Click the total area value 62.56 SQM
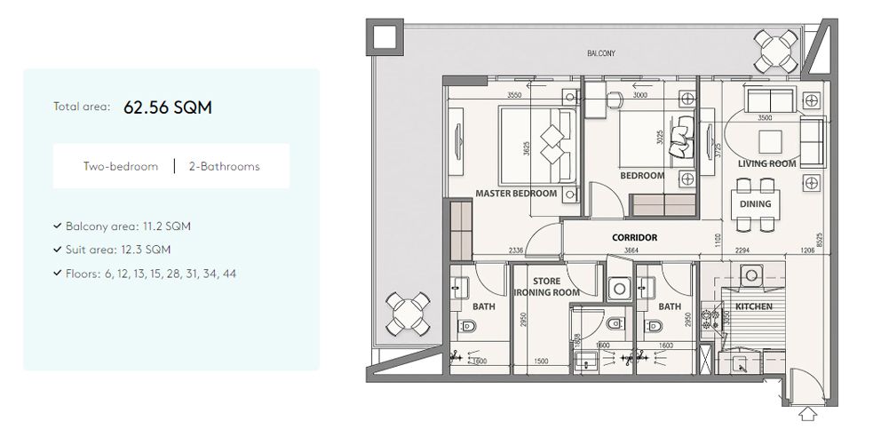[x=168, y=107]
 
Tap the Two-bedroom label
[x=121, y=166]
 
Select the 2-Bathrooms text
[x=224, y=166]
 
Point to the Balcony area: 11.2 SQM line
[x=128, y=226]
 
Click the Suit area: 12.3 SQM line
[x=118, y=250]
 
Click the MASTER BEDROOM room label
[x=516, y=193]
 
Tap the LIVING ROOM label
[x=766, y=164]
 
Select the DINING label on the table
[x=755, y=203]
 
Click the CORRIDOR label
[x=634, y=238]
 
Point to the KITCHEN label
[x=753, y=307]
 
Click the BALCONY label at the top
[x=601, y=54]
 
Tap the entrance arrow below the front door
[x=806, y=413]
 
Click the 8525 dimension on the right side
[x=818, y=240]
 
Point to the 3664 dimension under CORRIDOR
[x=631, y=251]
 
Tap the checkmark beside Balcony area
[x=57, y=226]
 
